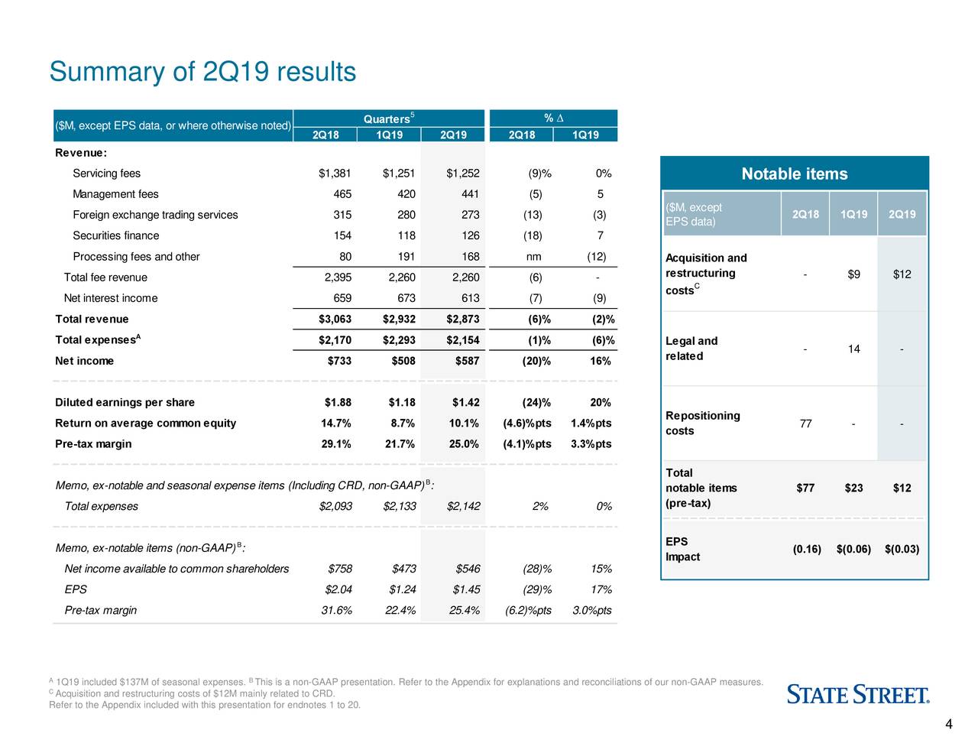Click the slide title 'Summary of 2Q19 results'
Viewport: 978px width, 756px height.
click(202, 72)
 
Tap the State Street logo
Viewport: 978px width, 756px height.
click(858, 695)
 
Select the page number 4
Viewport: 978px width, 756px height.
click(948, 725)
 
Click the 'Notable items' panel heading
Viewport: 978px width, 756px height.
click(794, 174)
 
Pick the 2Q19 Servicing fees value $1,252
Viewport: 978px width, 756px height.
click(462, 174)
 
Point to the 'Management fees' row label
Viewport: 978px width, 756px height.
click(115, 194)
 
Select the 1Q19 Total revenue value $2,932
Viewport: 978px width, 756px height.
click(399, 319)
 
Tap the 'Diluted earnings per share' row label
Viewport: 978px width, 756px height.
click(125, 402)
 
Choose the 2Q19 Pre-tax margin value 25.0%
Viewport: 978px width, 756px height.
click(464, 444)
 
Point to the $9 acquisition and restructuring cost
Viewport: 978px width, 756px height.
click(853, 274)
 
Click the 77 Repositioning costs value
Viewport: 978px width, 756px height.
click(805, 424)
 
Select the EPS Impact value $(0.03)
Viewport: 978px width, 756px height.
click(902, 550)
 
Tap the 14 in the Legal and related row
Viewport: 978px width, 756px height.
click(853, 349)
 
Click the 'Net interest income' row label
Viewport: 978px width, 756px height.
click(111, 298)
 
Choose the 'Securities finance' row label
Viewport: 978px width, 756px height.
click(116, 235)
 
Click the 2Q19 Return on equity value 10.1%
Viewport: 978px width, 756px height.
click(464, 423)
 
